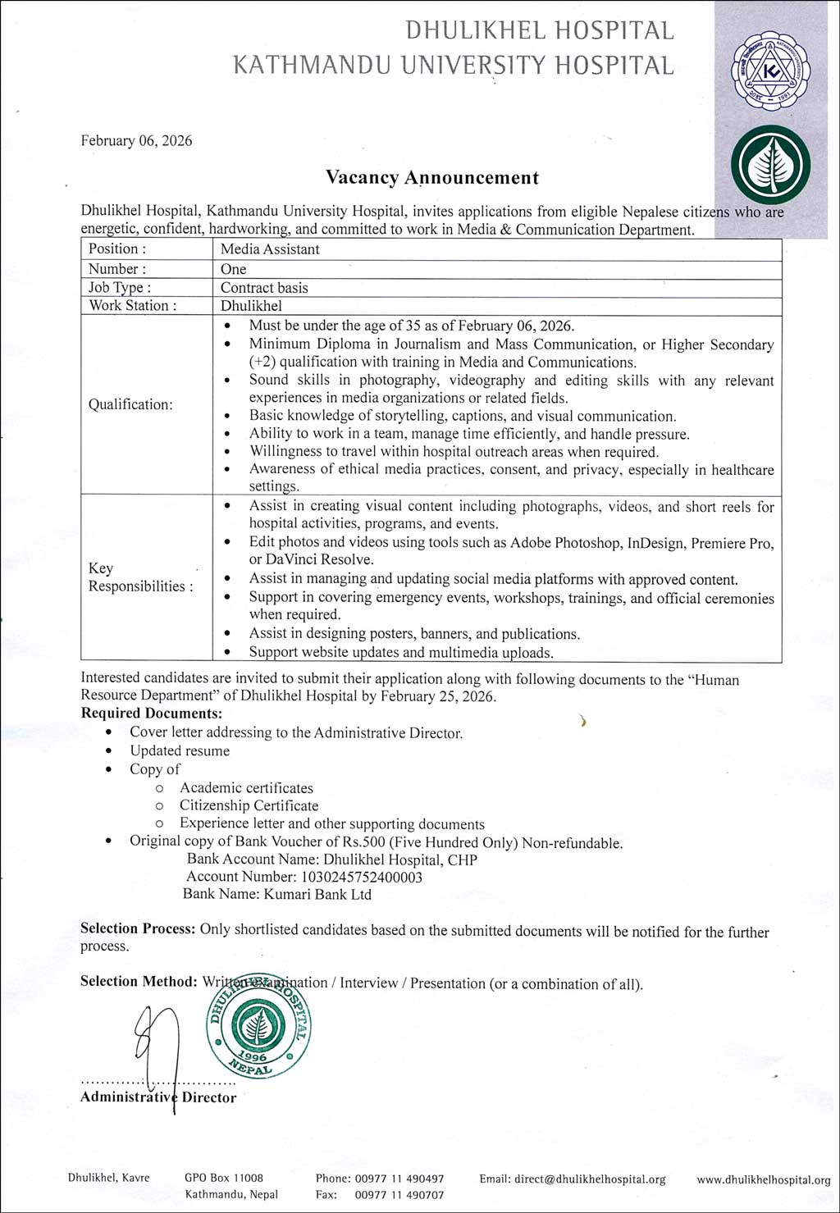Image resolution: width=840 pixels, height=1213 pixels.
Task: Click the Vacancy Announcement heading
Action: click(432, 178)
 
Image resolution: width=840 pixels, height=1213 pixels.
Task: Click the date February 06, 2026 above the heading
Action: click(136, 141)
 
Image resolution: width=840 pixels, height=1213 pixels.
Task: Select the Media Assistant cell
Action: click(270, 249)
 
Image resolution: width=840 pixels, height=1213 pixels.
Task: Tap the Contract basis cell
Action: click(264, 288)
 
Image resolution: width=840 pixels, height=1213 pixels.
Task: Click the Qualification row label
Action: click(130, 404)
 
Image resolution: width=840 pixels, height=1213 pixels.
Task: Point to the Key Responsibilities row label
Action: click(140, 577)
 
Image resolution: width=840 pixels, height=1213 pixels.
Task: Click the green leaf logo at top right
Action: click(769, 165)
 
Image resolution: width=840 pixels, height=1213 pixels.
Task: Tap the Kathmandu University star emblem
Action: click(769, 71)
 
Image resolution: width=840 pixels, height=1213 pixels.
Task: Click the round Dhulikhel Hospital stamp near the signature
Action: click(258, 1028)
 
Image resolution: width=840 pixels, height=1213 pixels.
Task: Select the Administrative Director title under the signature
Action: click(158, 1097)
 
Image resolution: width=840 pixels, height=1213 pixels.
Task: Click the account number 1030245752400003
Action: click(362, 877)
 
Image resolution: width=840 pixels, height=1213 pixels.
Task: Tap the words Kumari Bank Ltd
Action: click(317, 894)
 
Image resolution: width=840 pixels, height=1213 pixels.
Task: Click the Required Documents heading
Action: click(152, 714)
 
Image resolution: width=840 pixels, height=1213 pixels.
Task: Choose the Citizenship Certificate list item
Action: click(249, 805)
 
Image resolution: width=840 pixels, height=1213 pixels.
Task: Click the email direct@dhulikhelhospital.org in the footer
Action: click(589, 1179)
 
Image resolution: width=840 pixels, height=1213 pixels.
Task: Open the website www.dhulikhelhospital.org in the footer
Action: click(763, 1179)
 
